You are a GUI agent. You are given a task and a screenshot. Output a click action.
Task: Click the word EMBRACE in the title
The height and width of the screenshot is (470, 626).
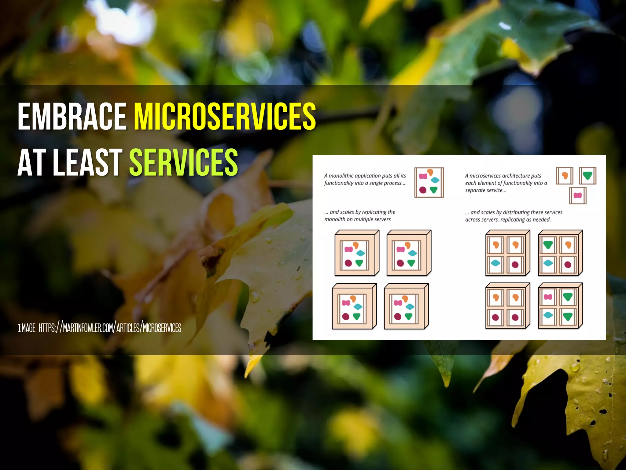72,117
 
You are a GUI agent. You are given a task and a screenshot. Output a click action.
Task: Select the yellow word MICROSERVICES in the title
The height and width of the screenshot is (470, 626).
225,117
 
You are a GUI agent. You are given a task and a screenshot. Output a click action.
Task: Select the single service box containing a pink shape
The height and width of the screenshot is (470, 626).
578,195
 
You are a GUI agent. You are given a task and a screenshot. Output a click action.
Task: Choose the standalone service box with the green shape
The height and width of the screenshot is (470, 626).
587,176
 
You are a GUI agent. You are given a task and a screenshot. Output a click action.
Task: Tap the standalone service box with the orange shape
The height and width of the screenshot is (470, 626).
564,176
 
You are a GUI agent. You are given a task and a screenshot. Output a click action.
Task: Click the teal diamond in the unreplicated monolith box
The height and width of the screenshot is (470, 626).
435,180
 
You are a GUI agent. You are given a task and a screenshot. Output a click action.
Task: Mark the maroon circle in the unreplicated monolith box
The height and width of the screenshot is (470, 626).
423,190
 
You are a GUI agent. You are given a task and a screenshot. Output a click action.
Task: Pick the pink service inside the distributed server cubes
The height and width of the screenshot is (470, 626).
548,297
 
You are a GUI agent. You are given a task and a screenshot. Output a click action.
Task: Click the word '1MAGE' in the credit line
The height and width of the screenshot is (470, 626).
27,328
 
